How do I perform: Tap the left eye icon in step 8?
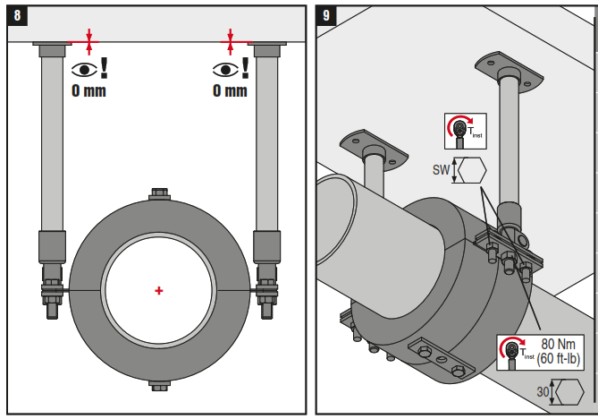[x=82, y=70]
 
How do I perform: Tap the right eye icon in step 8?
[x=223, y=70]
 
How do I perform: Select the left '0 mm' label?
[x=88, y=90]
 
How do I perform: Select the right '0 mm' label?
[x=230, y=90]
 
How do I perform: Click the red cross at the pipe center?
[x=159, y=290]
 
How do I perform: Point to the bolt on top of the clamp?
[x=159, y=194]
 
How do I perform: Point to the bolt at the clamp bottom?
[x=159, y=386]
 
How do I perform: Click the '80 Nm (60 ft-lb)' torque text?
[x=560, y=351]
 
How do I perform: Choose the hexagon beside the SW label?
[x=471, y=169]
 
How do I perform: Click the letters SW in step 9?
[x=441, y=169]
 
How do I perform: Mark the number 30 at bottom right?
[x=542, y=392]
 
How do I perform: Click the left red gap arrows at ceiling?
[x=88, y=40]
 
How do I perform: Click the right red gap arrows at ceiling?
[x=231, y=40]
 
